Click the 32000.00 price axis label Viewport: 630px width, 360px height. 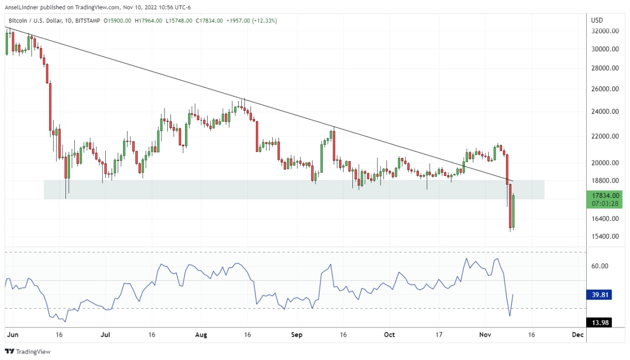605,31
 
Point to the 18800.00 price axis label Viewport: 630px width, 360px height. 605,181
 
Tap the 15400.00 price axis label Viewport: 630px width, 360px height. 605,236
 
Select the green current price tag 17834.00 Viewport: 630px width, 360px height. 605,196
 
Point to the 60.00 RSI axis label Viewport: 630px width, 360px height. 600,266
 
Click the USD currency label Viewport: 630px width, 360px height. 597,20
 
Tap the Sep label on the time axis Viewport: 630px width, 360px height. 296,335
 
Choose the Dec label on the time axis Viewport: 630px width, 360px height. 578,335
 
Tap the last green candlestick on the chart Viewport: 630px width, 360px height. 513,211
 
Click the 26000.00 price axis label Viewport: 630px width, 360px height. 605,89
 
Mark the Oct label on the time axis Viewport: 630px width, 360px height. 389,335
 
